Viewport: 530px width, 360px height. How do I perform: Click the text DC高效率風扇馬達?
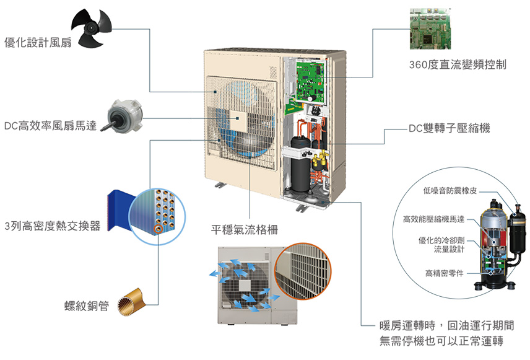click(x=51, y=126)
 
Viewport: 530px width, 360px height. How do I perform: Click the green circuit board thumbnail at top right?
click(x=433, y=30)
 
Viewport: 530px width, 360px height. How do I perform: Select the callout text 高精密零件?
click(x=445, y=273)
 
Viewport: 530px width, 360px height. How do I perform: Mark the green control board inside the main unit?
click(x=312, y=81)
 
